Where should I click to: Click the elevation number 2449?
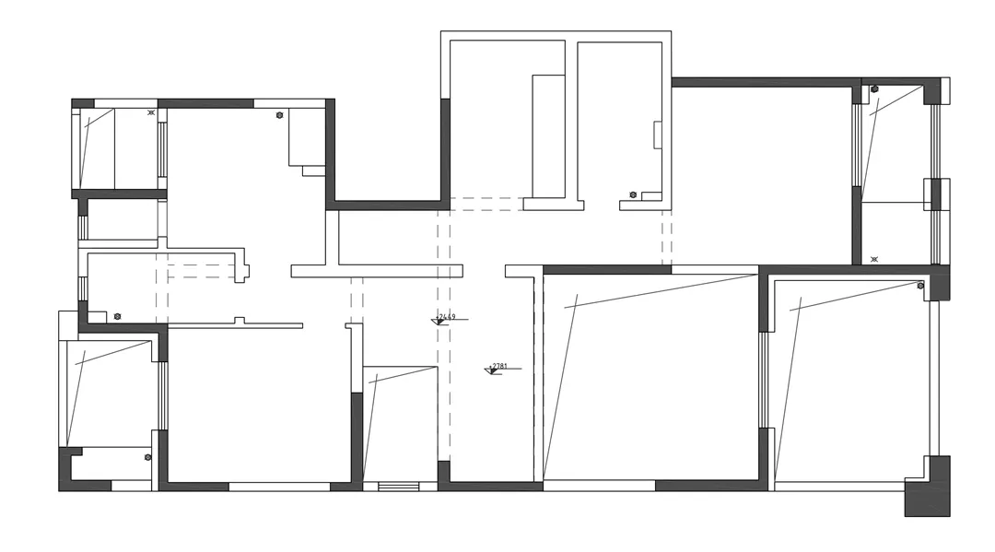coord(447,317)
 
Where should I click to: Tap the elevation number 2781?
coord(500,366)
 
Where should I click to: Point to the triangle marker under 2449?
coord(439,322)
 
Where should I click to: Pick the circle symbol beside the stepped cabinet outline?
coord(279,115)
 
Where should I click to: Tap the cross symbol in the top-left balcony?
coord(151,112)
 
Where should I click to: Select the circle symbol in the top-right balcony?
coord(874,89)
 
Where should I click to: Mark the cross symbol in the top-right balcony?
coord(874,260)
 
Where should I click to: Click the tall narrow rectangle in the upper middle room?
coord(548,136)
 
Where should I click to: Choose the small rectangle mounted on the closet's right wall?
coord(658,135)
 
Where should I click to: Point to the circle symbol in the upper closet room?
coord(633,194)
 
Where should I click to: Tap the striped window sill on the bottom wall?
coord(398,486)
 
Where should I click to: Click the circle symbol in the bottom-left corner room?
coord(147,457)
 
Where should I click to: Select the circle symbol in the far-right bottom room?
coord(920,286)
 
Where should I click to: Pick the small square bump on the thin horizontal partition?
coord(239,320)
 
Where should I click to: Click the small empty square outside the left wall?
coord(68,325)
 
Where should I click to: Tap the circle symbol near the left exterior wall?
coord(117,316)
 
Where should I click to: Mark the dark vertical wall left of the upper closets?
coord(445,149)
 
